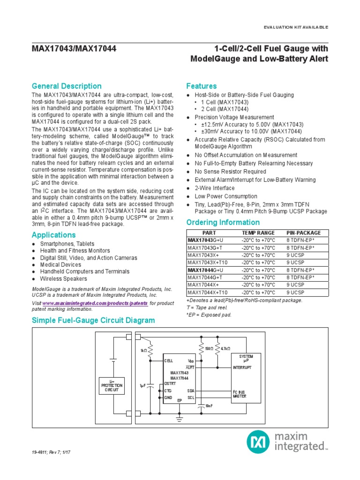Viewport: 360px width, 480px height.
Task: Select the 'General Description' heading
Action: click(66, 86)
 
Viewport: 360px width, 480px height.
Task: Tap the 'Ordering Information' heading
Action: click(223, 223)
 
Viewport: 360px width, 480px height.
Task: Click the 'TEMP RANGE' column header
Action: click(258, 233)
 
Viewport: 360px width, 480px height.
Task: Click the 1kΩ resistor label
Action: click(143, 351)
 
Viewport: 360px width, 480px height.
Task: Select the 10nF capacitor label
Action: click(209, 406)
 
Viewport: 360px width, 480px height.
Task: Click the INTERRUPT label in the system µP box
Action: click(242, 367)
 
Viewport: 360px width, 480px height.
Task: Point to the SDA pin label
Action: click(191, 390)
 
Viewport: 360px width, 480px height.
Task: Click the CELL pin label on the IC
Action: click(169, 360)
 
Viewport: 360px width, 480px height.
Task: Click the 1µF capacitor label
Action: click(143, 385)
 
